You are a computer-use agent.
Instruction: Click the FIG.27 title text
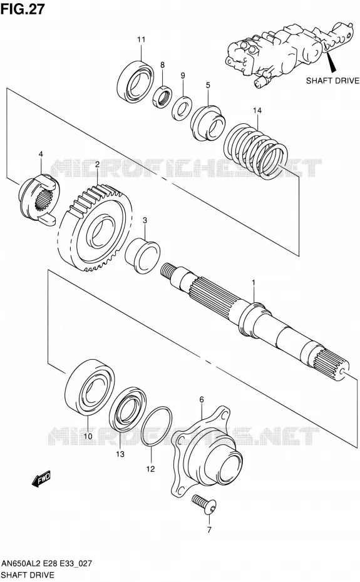(23, 8)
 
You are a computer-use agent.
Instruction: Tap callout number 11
(141, 39)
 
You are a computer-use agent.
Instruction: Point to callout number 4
(41, 154)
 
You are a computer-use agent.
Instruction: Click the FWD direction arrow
(41, 479)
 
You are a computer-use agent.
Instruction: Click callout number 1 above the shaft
(254, 283)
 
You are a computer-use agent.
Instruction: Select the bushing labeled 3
(142, 256)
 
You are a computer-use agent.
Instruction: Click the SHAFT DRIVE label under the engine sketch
(332, 81)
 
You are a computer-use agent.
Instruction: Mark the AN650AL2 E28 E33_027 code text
(46, 563)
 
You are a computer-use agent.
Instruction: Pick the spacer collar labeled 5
(208, 123)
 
